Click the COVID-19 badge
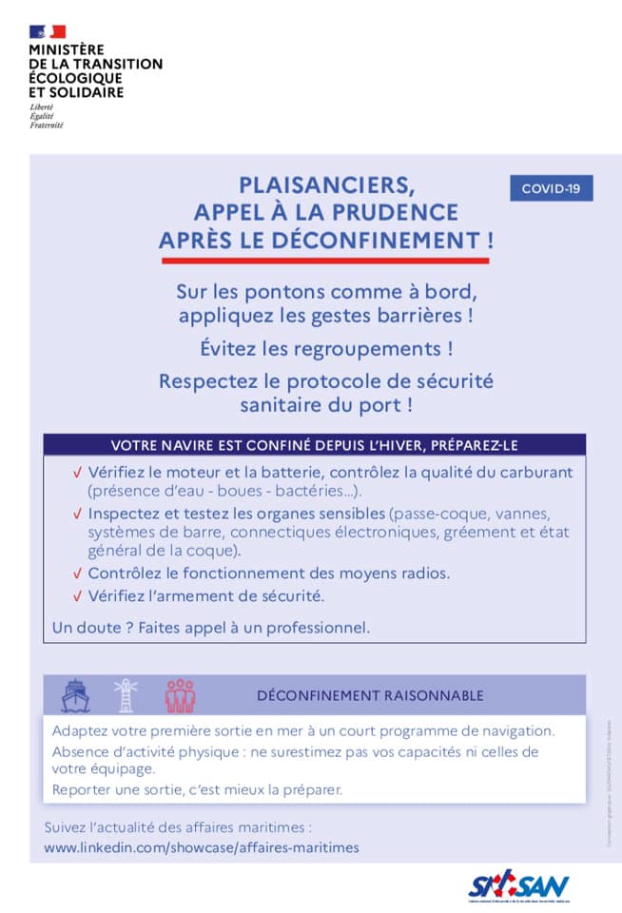coord(551,188)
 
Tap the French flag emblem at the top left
coord(47,32)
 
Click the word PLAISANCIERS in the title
coord(326,184)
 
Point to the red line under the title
coord(325,261)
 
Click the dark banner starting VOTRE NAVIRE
coord(314,445)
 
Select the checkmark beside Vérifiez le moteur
coord(77,472)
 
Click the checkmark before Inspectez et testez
coord(77,515)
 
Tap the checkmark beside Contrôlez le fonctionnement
coord(77,573)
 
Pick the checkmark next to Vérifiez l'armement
coord(77,596)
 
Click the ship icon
coord(74,695)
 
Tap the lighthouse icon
coord(126,695)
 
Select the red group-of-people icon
coord(179,695)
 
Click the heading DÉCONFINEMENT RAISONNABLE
coord(370,696)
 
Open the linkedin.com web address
coord(202,846)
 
